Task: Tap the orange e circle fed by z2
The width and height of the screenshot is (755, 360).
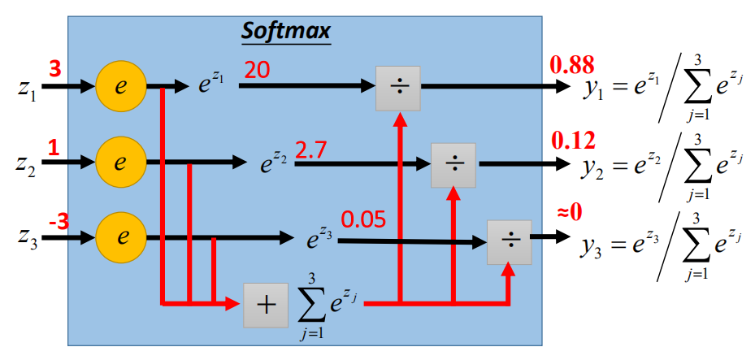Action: pyautogui.click(x=119, y=163)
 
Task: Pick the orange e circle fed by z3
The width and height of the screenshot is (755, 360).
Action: pyautogui.click(x=119, y=238)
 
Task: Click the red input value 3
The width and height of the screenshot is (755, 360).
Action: pyautogui.click(x=55, y=69)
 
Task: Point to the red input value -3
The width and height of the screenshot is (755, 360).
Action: pyautogui.click(x=57, y=221)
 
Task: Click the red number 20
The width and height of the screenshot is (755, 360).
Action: pyautogui.click(x=257, y=72)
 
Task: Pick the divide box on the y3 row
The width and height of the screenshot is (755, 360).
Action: pyautogui.click(x=509, y=241)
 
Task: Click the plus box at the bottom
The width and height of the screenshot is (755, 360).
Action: pyautogui.click(x=266, y=305)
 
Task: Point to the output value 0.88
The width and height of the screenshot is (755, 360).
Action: pyautogui.click(x=573, y=64)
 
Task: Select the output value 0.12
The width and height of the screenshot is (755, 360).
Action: pyautogui.click(x=573, y=141)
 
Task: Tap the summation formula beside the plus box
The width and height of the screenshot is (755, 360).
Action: pyautogui.click(x=323, y=305)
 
